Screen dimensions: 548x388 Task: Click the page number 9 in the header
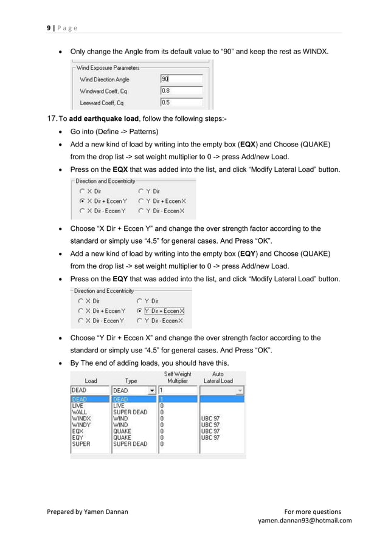pyautogui.click(x=49, y=28)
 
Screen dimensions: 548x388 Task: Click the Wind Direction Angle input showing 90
pyautogui.click(x=181, y=79)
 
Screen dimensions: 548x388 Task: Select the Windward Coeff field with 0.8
pyautogui.click(x=181, y=91)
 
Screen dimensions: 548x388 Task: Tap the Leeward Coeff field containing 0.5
pyautogui.click(x=181, y=103)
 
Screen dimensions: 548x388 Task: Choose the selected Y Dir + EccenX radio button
pyautogui.click(x=139, y=310)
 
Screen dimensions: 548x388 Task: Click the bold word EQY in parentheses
pyautogui.click(x=247, y=253)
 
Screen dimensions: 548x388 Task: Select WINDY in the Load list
pyautogui.click(x=81, y=425)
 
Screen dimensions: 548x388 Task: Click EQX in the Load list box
pyautogui.click(x=78, y=431)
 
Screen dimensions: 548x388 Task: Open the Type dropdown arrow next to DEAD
pyautogui.click(x=152, y=391)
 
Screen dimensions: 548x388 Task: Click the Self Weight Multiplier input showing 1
pyautogui.click(x=178, y=391)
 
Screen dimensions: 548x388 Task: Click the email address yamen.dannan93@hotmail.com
pyautogui.click(x=305, y=521)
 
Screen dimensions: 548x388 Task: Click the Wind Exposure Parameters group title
pyautogui.click(x=108, y=68)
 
